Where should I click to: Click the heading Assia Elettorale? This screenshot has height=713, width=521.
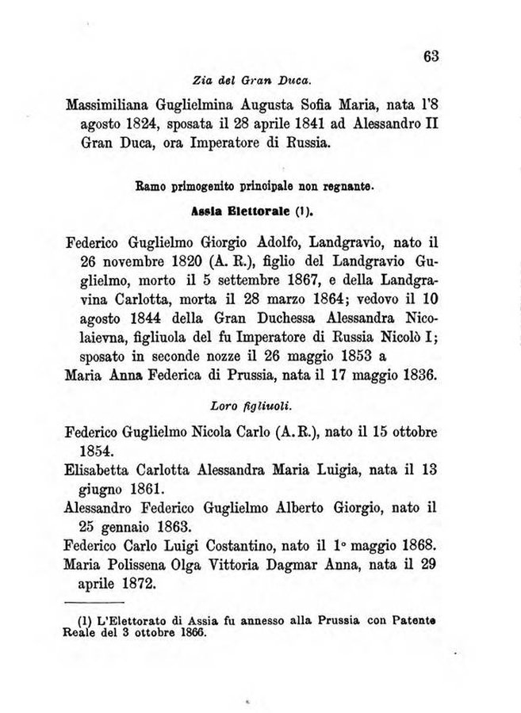pos(243,212)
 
